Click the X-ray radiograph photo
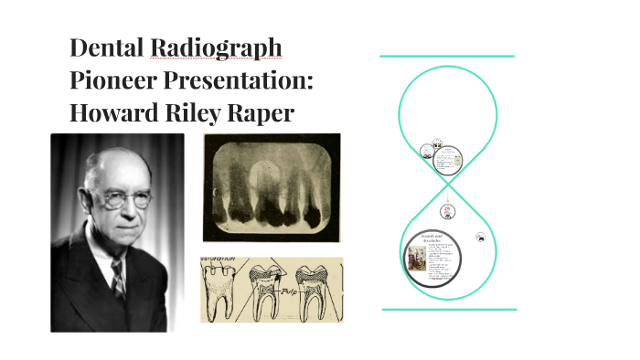tap(272, 188)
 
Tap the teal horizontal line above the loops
tap(447, 57)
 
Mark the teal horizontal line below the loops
tap(448, 309)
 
